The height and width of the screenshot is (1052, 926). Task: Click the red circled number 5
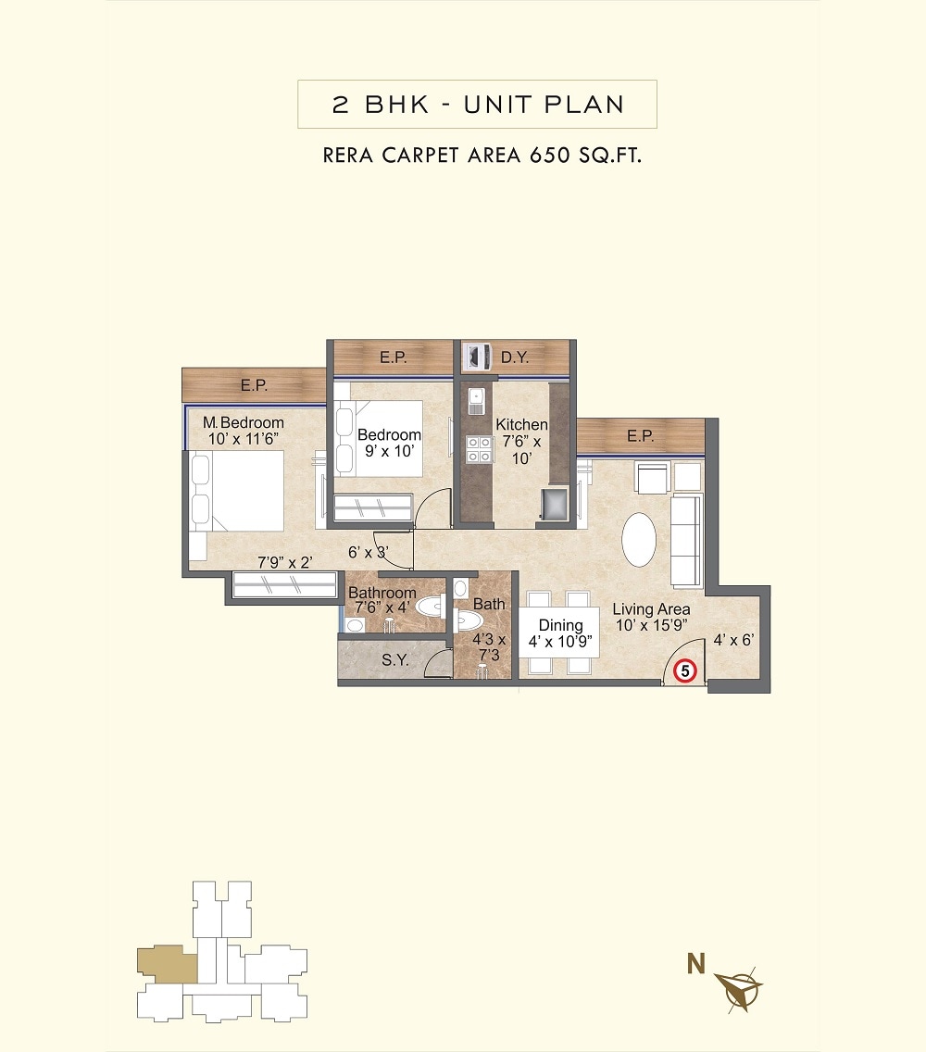[x=685, y=670]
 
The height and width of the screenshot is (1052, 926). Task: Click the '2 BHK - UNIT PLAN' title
[x=477, y=104]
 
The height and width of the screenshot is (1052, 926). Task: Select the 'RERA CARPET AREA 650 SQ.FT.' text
[x=482, y=155]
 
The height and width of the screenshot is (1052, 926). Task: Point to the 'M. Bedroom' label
[x=244, y=423]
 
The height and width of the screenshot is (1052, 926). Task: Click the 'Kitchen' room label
[x=521, y=424]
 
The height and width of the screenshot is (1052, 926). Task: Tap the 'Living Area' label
[x=651, y=609]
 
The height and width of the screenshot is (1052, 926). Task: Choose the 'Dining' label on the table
[x=560, y=625]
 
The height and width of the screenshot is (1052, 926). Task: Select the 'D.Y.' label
[x=515, y=357]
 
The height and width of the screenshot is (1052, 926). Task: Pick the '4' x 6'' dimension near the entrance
[x=733, y=639]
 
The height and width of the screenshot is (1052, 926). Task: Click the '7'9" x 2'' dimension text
[x=285, y=561]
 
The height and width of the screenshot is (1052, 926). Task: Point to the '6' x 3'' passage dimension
[x=368, y=552]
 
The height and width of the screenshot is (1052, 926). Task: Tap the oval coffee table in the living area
[x=640, y=539]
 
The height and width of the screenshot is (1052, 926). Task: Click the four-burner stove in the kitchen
[x=479, y=449]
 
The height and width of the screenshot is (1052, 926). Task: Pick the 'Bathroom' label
[x=382, y=593]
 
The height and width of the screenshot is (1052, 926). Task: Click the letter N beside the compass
[x=695, y=965]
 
